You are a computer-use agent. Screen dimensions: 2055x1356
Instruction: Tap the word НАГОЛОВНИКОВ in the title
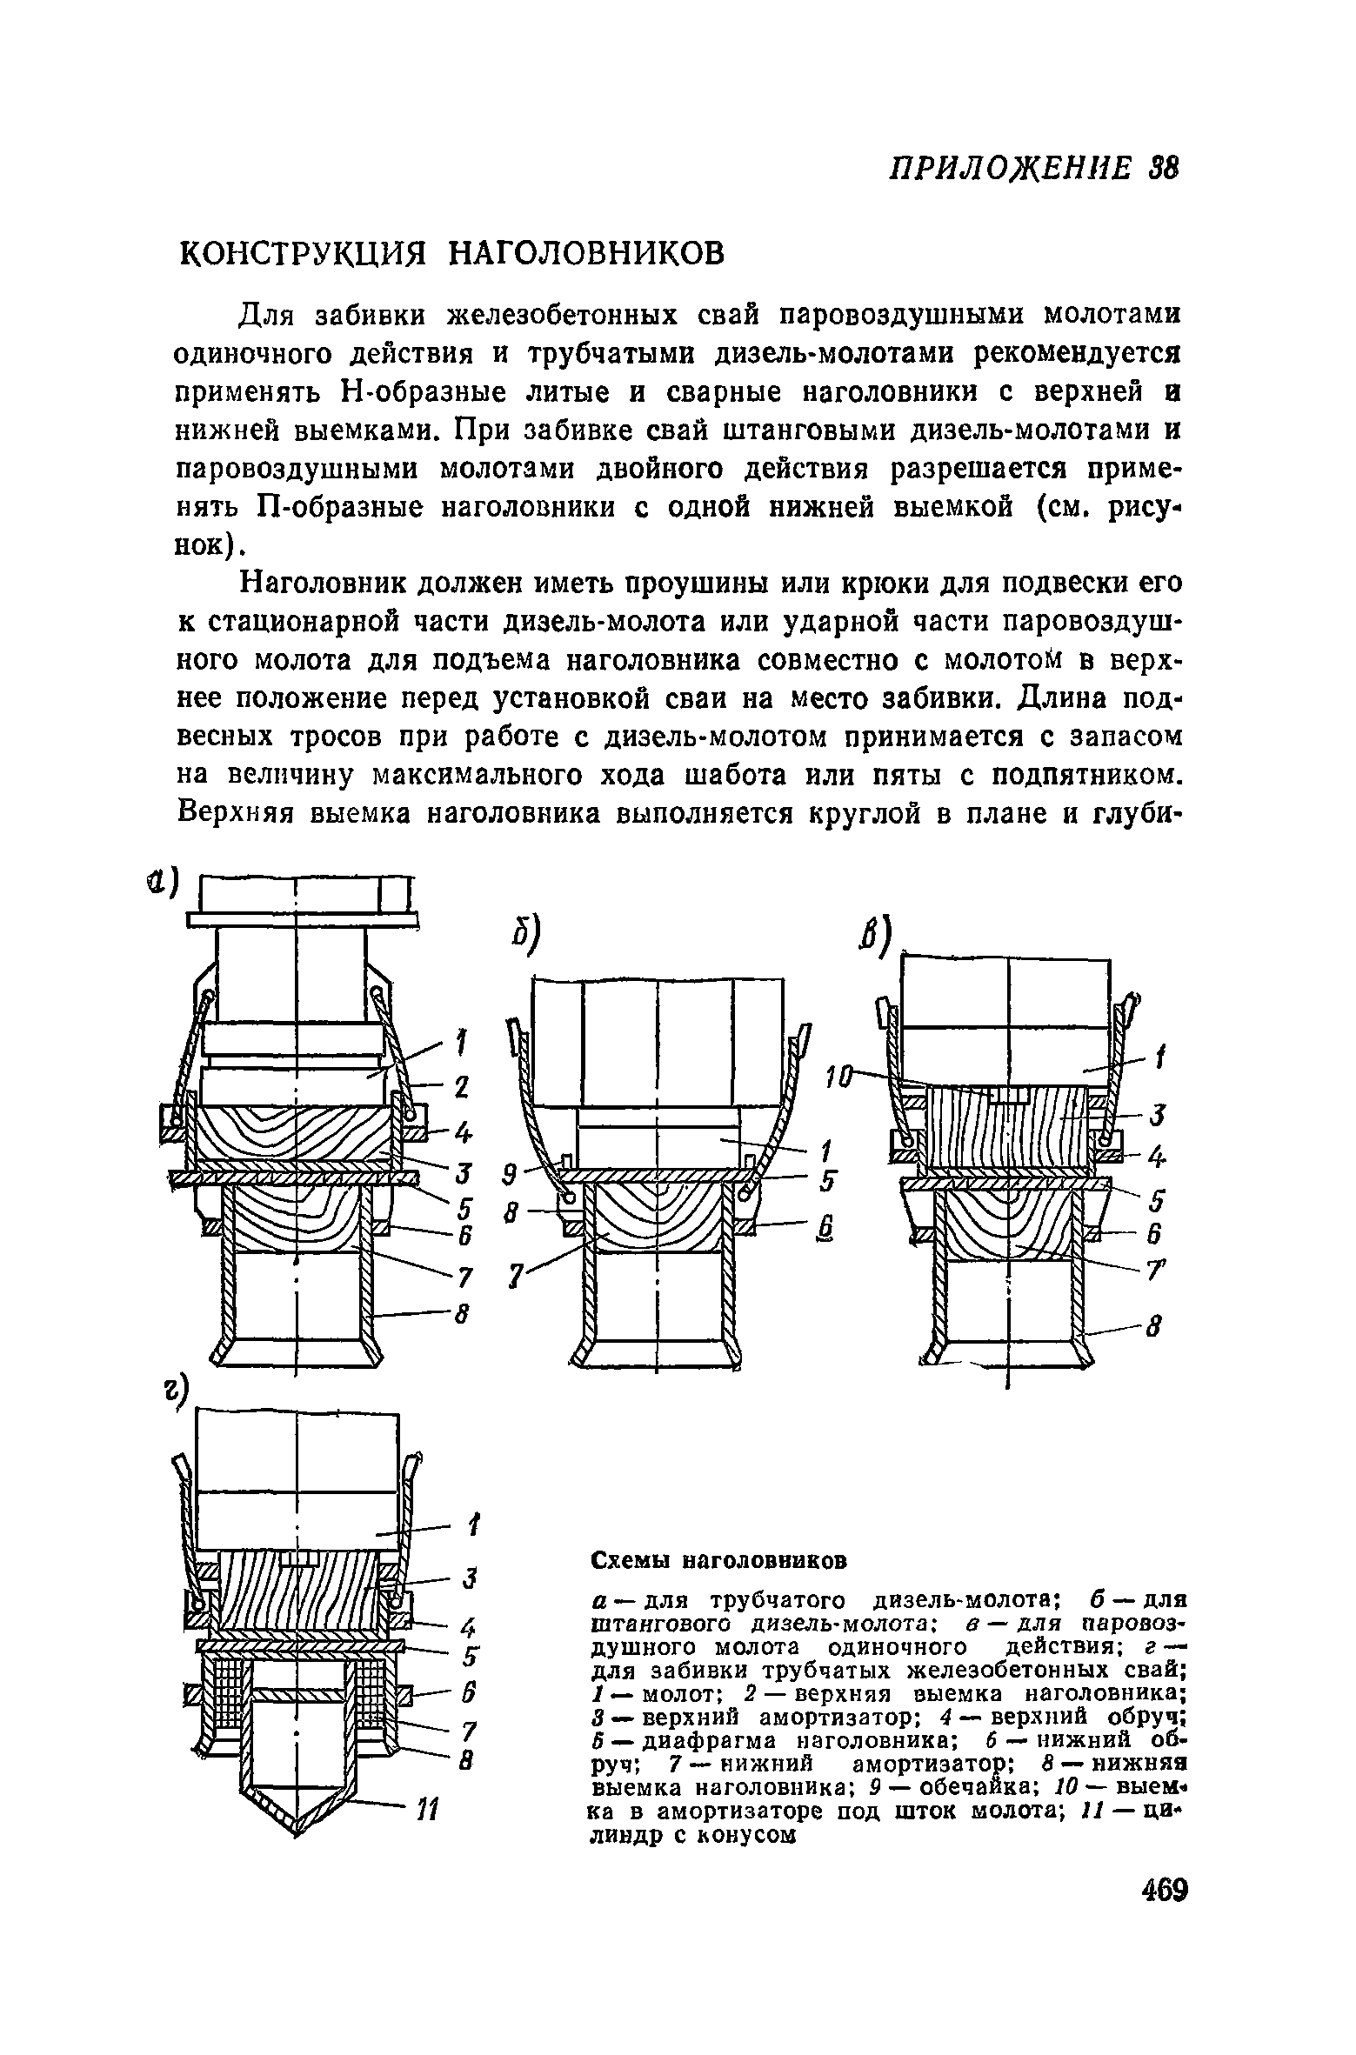584,254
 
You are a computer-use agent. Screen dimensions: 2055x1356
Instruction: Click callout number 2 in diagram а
462,1086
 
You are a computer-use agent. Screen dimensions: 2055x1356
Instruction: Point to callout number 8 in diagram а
464,1315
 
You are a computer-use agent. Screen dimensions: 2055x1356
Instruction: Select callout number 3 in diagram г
468,1578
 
